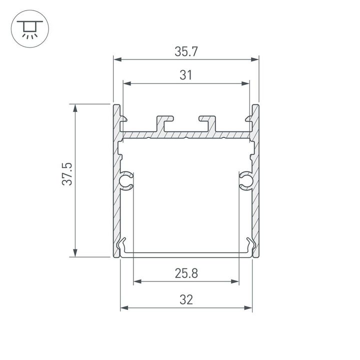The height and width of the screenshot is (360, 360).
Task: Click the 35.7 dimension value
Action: click(x=186, y=51)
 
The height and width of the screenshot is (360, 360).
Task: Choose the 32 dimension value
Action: click(x=186, y=299)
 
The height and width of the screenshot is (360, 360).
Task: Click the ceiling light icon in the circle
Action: click(x=29, y=29)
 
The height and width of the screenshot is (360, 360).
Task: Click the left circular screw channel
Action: click(x=126, y=181)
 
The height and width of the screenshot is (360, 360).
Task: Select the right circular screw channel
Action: click(x=245, y=181)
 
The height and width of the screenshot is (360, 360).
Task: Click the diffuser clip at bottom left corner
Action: click(x=122, y=246)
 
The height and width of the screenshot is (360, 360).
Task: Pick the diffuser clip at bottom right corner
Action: click(x=250, y=246)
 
